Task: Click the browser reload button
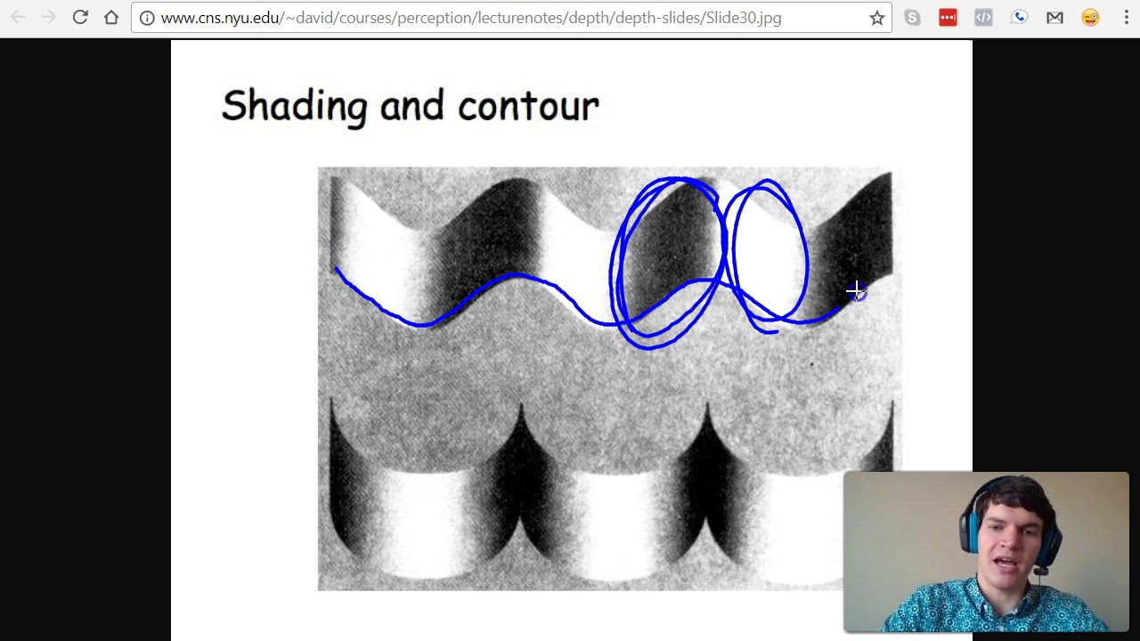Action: click(80, 17)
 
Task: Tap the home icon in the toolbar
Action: click(111, 17)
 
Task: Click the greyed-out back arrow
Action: click(18, 17)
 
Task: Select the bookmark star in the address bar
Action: click(877, 18)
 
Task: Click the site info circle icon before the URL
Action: click(147, 18)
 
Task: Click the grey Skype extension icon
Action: click(912, 18)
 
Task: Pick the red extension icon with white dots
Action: click(948, 18)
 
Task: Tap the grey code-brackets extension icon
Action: click(983, 18)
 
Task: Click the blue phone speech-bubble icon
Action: click(1019, 18)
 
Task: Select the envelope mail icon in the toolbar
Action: click(1054, 18)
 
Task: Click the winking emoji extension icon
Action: click(1090, 18)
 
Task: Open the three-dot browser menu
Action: click(1126, 18)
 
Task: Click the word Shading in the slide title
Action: click(294, 106)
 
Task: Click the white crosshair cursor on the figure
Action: click(855, 290)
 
